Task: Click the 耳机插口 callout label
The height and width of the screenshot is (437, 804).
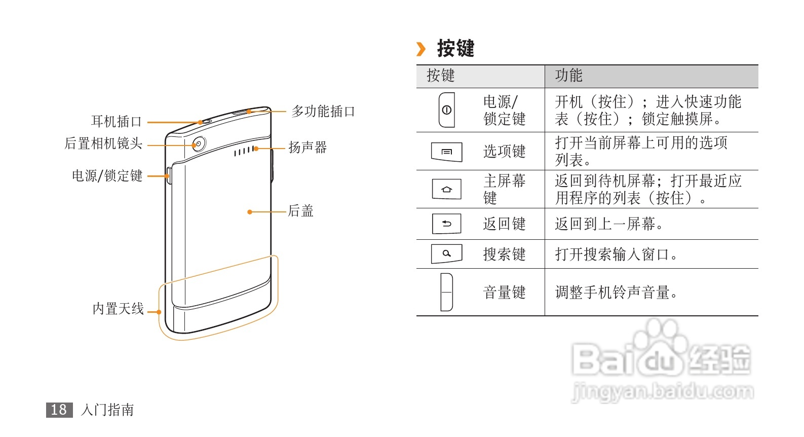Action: tap(116, 122)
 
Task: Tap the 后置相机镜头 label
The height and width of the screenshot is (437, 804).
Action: tap(103, 144)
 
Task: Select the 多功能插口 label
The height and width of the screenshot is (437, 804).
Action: tap(323, 112)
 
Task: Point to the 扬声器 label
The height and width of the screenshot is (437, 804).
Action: tap(308, 148)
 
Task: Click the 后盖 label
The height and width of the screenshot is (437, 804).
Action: tap(301, 211)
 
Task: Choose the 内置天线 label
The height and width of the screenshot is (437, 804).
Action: tap(118, 309)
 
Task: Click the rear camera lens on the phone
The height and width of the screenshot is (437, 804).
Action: tap(198, 144)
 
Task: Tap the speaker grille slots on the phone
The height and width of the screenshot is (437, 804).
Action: tap(243, 151)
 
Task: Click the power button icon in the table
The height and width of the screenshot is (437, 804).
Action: tap(446, 110)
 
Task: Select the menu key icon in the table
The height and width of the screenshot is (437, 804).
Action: tap(446, 152)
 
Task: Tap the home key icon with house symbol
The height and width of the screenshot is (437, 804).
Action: tap(446, 190)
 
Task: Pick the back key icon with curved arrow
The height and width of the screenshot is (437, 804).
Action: tap(446, 224)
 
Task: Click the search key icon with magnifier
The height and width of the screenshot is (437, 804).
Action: tap(446, 253)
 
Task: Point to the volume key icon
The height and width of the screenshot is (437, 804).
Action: tap(446, 292)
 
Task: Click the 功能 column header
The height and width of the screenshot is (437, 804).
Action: tap(568, 76)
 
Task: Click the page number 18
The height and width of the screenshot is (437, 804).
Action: tap(59, 410)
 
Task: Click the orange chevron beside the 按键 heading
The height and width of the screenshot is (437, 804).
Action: tap(420, 49)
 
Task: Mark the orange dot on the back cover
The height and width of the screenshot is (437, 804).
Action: tap(250, 212)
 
